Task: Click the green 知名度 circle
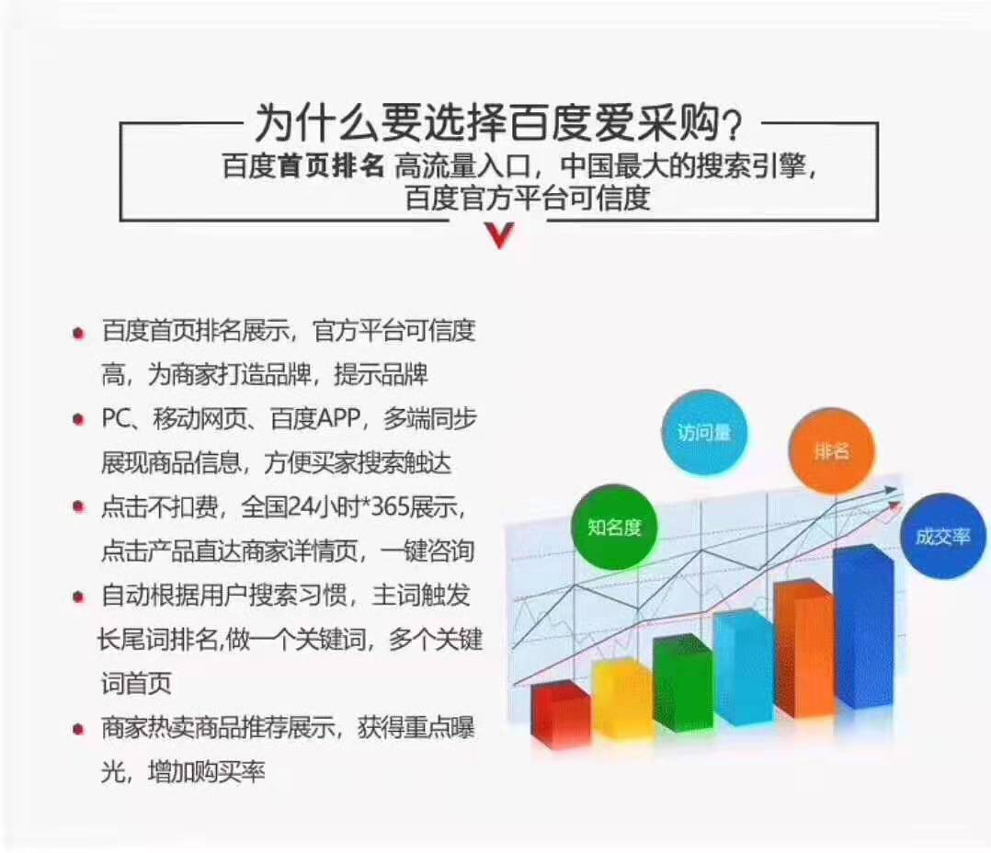pyautogui.click(x=614, y=527)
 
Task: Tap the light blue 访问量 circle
pyautogui.click(x=704, y=433)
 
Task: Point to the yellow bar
pyautogui.click(x=622, y=699)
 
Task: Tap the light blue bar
pyautogui.click(x=744, y=666)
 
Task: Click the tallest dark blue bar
pyautogui.click(x=864, y=626)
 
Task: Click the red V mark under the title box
pyautogui.click(x=500, y=235)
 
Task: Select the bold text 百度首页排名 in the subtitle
pyautogui.click(x=303, y=166)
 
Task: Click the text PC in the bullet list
pyautogui.click(x=117, y=418)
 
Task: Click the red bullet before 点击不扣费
pyautogui.click(x=78, y=506)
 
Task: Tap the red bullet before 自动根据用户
pyautogui.click(x=78, y=597)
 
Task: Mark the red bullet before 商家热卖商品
pyautogui.click(x=78, y=730)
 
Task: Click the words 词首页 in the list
pyautogui.click(x=136, y=684)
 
